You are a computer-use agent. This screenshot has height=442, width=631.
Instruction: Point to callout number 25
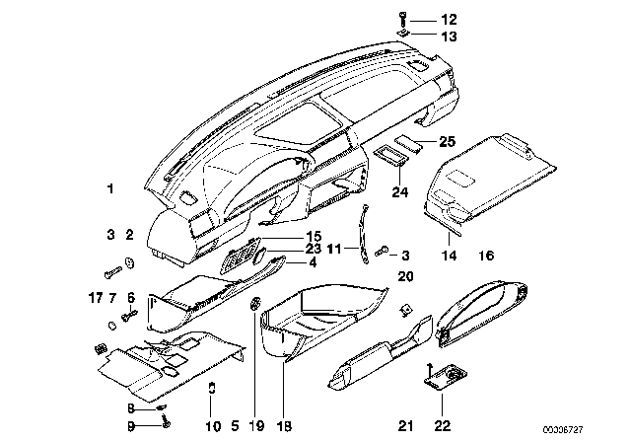point(447,142)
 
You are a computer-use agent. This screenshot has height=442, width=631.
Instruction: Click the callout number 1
point(111,187)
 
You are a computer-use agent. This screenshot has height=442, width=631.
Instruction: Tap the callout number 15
point(286,236)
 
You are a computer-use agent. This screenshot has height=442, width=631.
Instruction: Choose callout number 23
point(286,250)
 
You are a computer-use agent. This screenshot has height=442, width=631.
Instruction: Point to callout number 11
point(334,250)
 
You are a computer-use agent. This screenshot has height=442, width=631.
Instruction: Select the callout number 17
point(95,297)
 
